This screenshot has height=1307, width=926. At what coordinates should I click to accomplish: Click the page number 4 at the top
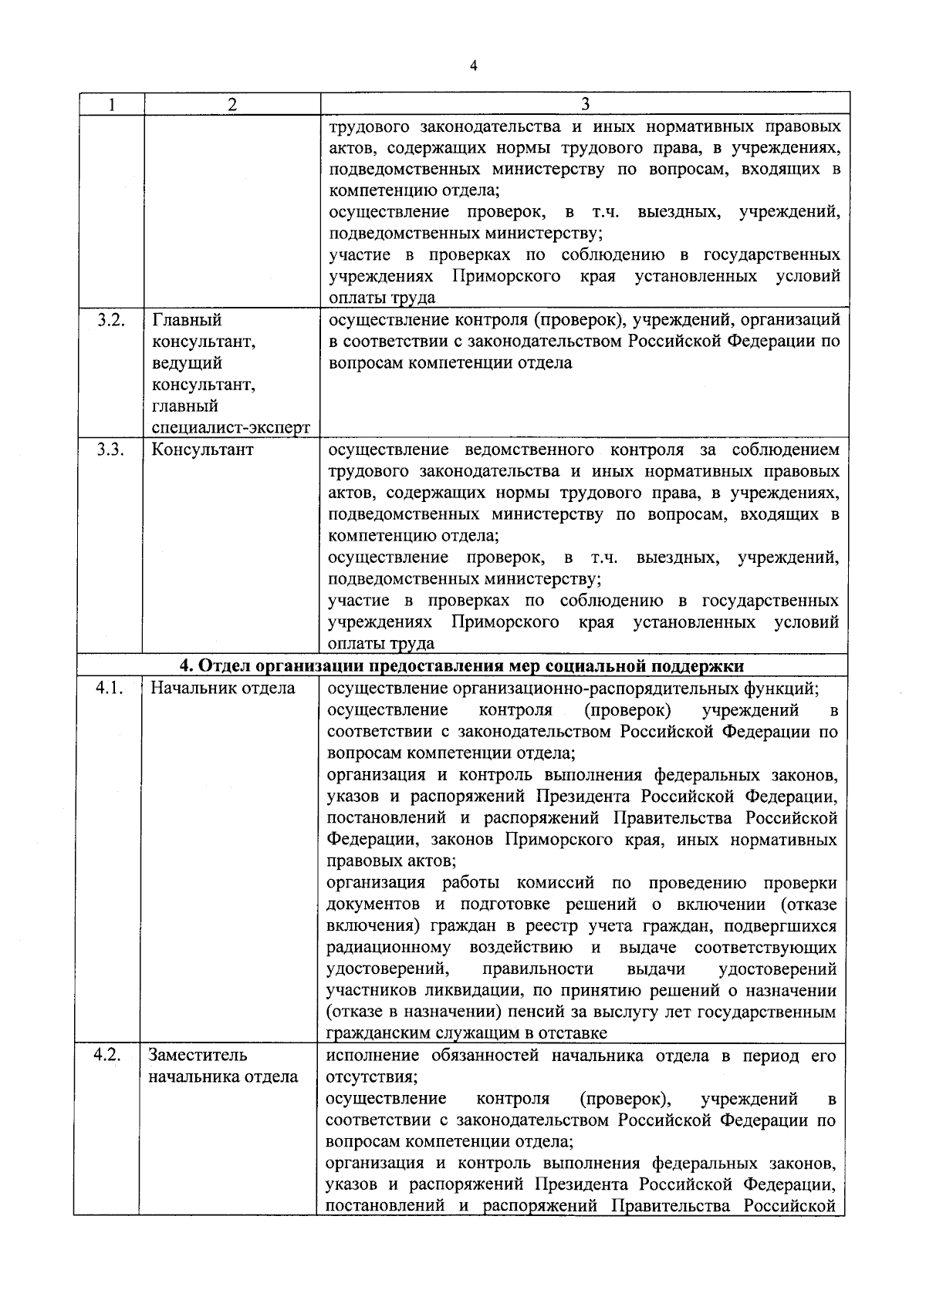coord(473,66)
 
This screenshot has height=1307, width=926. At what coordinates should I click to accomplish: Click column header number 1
coord(112,104)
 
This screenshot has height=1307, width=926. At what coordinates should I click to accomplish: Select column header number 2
coord(232,104)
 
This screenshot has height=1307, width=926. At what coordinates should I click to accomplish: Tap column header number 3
coord(584,104)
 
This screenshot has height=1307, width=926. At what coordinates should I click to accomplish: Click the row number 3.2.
coord(112,320)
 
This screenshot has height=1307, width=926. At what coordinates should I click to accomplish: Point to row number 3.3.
coord(112,450)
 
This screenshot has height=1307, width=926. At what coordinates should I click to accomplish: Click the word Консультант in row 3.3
coord(202,450)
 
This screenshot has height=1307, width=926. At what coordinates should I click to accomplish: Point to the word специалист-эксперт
coord(231,428)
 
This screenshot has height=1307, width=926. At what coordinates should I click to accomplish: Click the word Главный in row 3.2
coord(186,320)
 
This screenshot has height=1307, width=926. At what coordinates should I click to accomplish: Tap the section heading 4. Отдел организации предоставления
coord(461,666)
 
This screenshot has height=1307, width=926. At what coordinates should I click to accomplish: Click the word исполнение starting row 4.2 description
coord(372,1056)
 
